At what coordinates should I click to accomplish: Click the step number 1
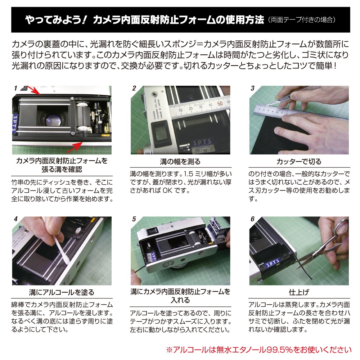coord(15,88)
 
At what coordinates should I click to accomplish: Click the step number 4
coord(15,219)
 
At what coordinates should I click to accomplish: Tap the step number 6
coord(253,219)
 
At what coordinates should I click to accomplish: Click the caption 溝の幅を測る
coord(180,162)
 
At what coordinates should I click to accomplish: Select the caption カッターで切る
coord(299,162)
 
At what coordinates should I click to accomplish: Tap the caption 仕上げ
coord(299,292)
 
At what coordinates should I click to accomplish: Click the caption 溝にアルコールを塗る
coord(62,292)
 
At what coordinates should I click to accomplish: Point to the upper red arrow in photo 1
coord(33,90)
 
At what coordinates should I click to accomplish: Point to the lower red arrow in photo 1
coord(75,147)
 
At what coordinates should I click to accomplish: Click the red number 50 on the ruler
coord(220,103)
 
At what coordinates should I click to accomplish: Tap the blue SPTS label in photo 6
coord(273,263)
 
